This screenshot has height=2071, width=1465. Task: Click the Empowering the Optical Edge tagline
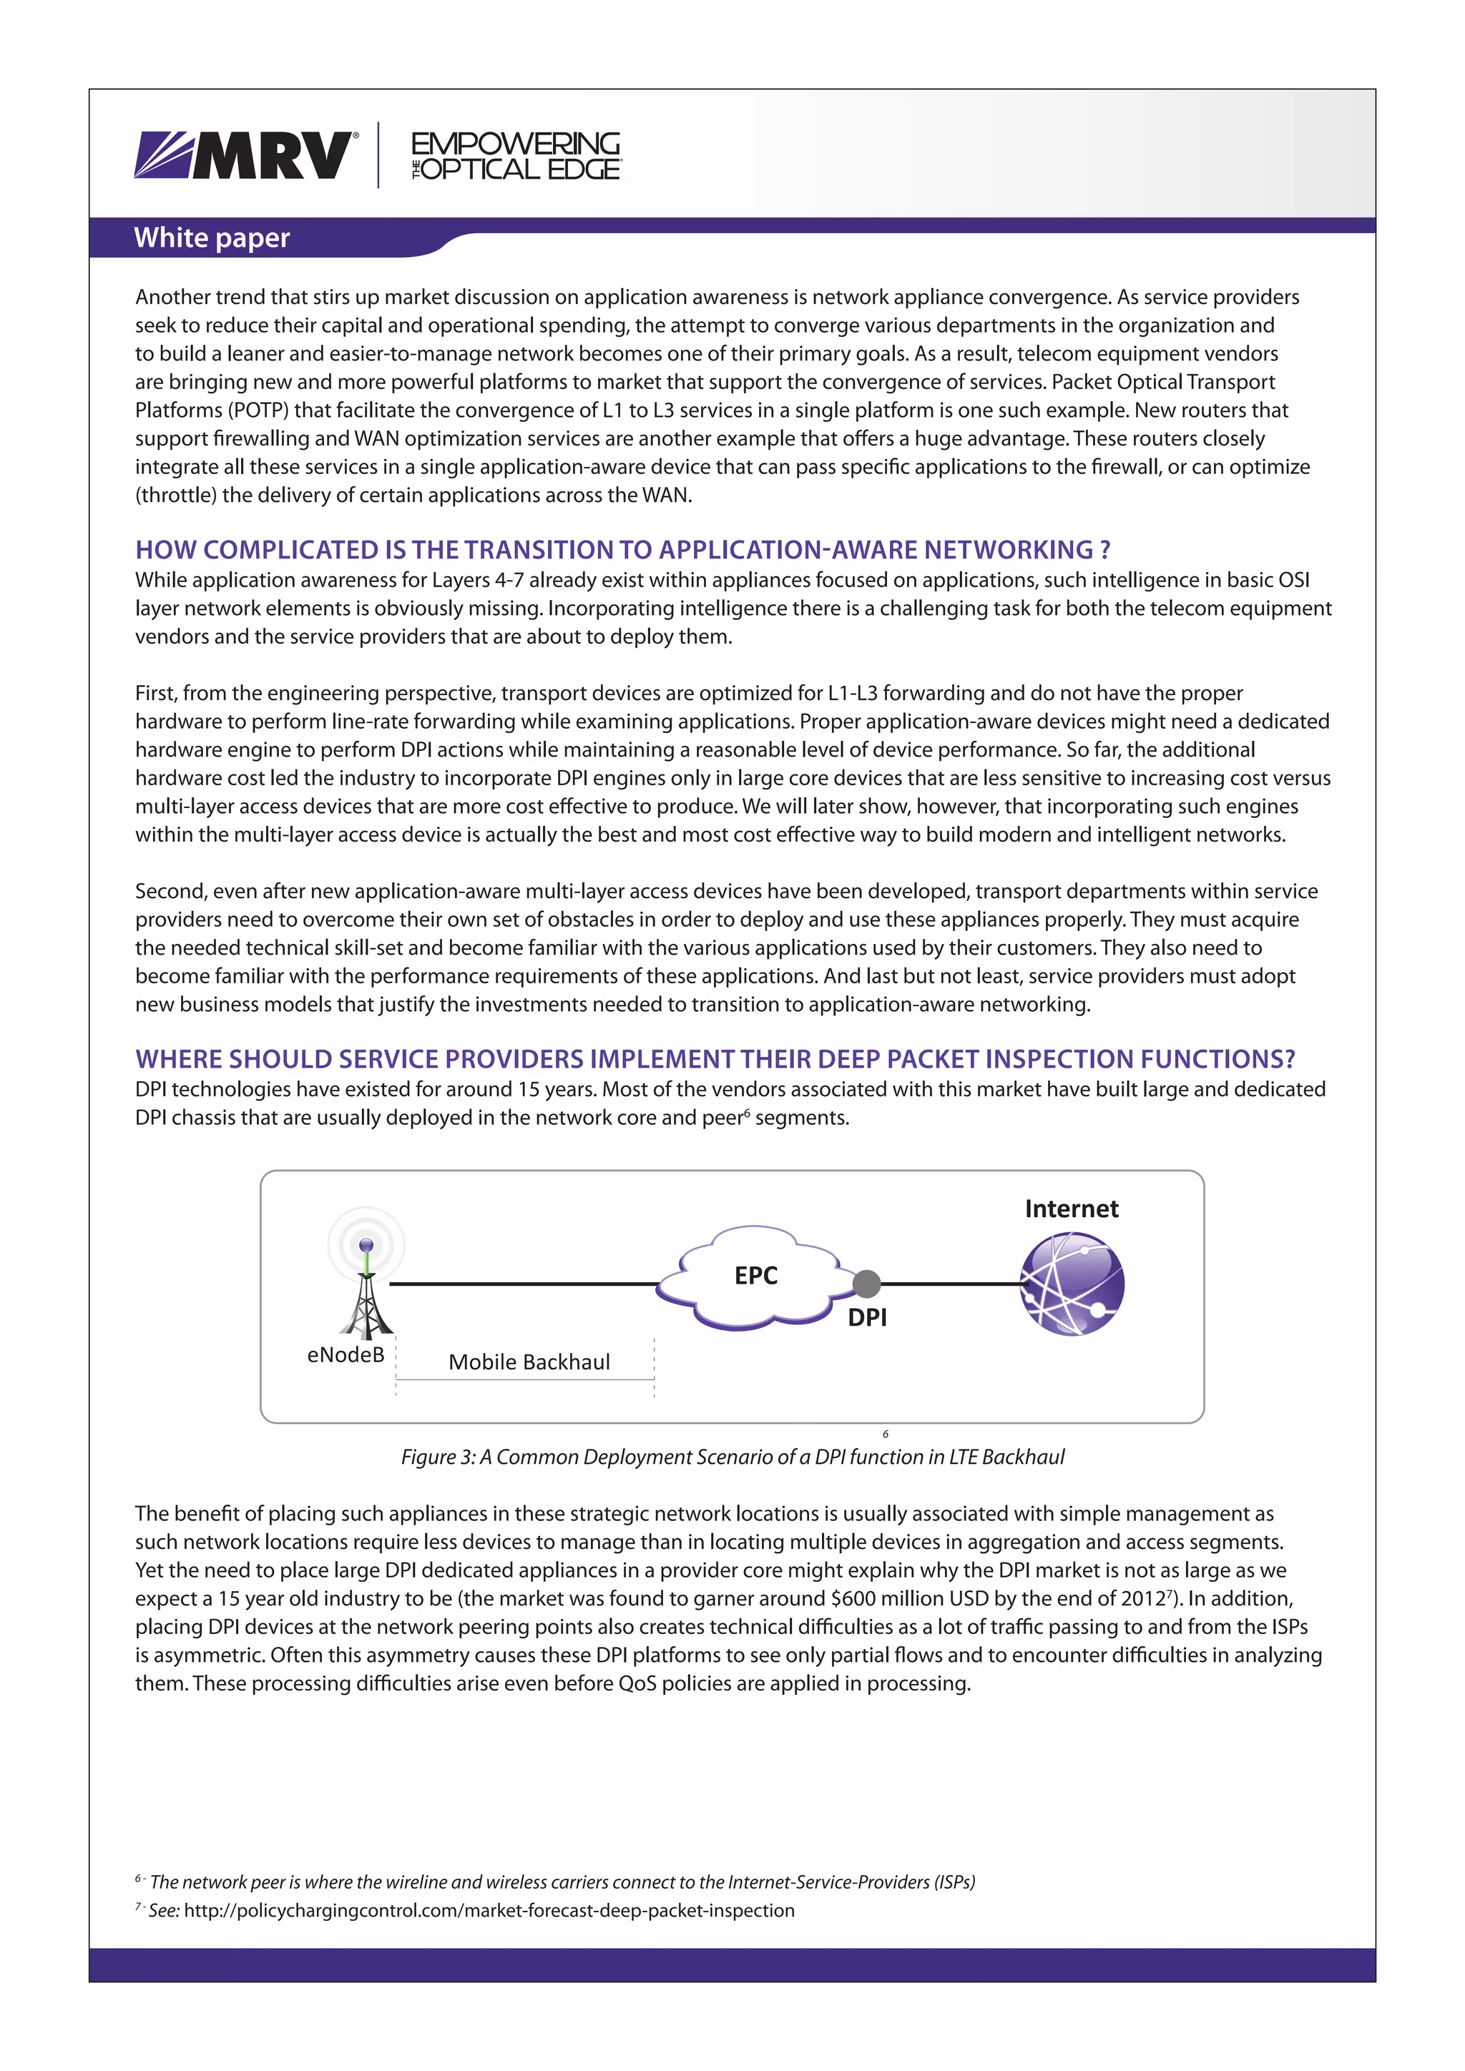click(x=515, y=156)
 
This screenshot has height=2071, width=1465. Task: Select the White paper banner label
click(x=212, y=238)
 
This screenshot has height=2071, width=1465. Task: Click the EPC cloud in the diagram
click(x=755, y=1276)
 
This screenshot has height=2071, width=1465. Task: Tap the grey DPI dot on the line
click(x=866, y=1283)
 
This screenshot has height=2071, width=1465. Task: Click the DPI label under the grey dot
click(x=867, y=1318)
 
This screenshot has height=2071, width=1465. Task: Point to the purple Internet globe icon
click(x=1072, y=1284)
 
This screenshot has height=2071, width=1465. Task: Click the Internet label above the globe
click(x=1071, y=1209)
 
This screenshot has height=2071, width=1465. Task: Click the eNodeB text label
click(x=346, y=1355)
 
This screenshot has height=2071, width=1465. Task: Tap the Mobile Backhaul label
click(x=529, y=1362)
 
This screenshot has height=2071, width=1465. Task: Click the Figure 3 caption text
click(x=732, y=1457)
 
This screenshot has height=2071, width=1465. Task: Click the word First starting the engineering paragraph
click(x=156, y=693)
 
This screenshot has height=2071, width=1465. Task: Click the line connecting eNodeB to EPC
click(x=523, y=1283)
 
